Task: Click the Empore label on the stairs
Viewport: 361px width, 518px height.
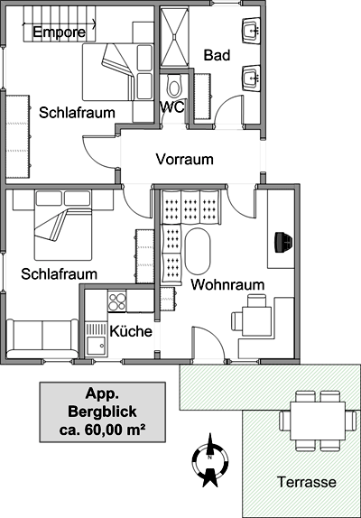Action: (x=60, y=32)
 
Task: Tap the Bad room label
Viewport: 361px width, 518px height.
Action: (x=217, y=55)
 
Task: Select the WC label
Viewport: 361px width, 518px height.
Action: (x=171, y=107)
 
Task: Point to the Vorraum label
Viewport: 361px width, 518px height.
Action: (x=185, y=159)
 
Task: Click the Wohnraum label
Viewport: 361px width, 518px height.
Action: (x=227, y=284)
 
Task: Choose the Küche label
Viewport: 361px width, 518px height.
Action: (x=131, y=330)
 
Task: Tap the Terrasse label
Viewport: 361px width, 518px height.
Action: (x=307, y=482)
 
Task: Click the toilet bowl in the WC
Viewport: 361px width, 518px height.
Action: (x=173, y=85)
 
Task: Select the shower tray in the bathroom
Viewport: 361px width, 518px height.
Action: (x=174, y=37)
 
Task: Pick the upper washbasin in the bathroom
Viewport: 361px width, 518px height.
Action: (x=251, y=31)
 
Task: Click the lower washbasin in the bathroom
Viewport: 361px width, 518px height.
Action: (x=251, y=78)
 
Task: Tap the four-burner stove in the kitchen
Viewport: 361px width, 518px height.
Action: (x=117, y=301)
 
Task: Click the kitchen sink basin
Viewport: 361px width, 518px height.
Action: (x=96, y=347)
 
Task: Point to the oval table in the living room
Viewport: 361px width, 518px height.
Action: (x=198, y=251)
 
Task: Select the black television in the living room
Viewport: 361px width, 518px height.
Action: (x=283, y=242)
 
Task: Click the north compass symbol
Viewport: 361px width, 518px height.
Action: (x=209, y=460)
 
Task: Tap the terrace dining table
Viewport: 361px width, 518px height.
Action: (x=318, y=421)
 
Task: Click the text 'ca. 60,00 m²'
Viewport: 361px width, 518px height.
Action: (x=102, y=430)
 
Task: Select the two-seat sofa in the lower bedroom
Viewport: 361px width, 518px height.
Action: (x=42, y=338)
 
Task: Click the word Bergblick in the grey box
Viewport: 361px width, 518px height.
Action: (x=102, y=412)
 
